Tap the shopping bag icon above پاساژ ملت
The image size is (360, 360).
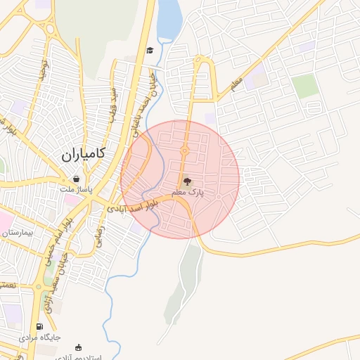click(x=76, y=179)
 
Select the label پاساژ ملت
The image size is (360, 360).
click(x=75, y=189)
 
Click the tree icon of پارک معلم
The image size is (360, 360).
click(x=186, y=181)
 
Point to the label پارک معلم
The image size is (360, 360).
click(x=188, y=192)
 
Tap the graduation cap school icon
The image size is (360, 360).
click(x=150, y=51)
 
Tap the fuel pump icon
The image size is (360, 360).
click(x=39, y=326)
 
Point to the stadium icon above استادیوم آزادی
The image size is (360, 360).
click(x=78, y=347)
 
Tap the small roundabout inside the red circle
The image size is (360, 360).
click(x=184, y=150)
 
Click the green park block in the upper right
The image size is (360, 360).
click(x=305, y=86)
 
